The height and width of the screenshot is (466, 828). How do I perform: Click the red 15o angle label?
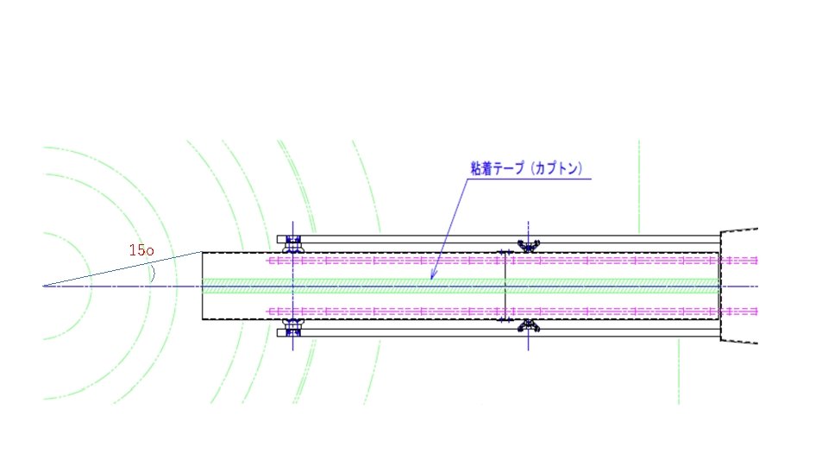[x=141, y=250]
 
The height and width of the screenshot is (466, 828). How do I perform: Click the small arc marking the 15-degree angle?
[x=154, y=274]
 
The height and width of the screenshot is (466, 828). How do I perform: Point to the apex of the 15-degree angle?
[x=43, y=287]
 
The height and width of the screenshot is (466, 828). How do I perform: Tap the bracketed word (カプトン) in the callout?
[x=556, y=168]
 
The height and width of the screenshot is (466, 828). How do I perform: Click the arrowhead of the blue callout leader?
[x=432, y=275]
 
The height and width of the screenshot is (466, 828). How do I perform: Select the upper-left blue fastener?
[x=293, y=244]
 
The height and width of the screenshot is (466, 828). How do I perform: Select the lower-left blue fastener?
[x=293, y=327]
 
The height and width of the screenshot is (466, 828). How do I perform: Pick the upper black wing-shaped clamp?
[x=528, y=246]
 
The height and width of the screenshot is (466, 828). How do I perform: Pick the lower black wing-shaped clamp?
[x=528, y=325]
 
